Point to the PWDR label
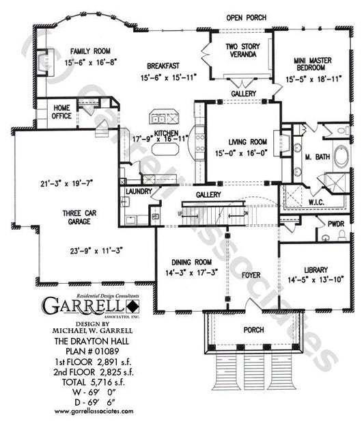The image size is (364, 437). tap(335, 223)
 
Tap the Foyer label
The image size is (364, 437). tap(252, 278)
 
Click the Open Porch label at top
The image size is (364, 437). tap(247, 18)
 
